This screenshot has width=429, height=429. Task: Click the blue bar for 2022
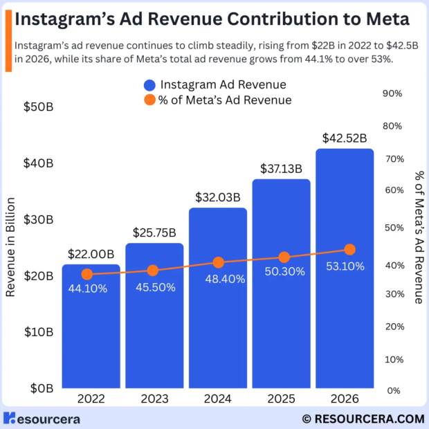pos(91,326)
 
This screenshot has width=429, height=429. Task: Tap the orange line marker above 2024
pos(218,262)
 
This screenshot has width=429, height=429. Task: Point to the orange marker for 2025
pos(284,257)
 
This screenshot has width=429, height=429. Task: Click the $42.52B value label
pos(344,138)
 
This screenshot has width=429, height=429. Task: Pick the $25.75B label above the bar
pos(154,232)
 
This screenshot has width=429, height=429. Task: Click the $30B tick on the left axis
pos(39,220)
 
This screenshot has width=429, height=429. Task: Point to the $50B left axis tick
pos(39,107)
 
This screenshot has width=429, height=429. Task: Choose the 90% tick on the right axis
pos(392,93)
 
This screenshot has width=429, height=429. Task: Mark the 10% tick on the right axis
pos(392,358)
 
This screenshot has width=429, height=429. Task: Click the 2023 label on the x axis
pos(154,399)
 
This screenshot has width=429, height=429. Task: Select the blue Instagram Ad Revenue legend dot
pos(149,85)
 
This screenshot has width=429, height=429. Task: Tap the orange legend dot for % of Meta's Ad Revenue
pos(149,100)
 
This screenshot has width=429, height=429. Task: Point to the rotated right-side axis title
pos(418,237)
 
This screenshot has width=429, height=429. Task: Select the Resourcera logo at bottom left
pos(42,418)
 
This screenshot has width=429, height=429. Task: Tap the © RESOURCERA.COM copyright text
pos(363,418)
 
